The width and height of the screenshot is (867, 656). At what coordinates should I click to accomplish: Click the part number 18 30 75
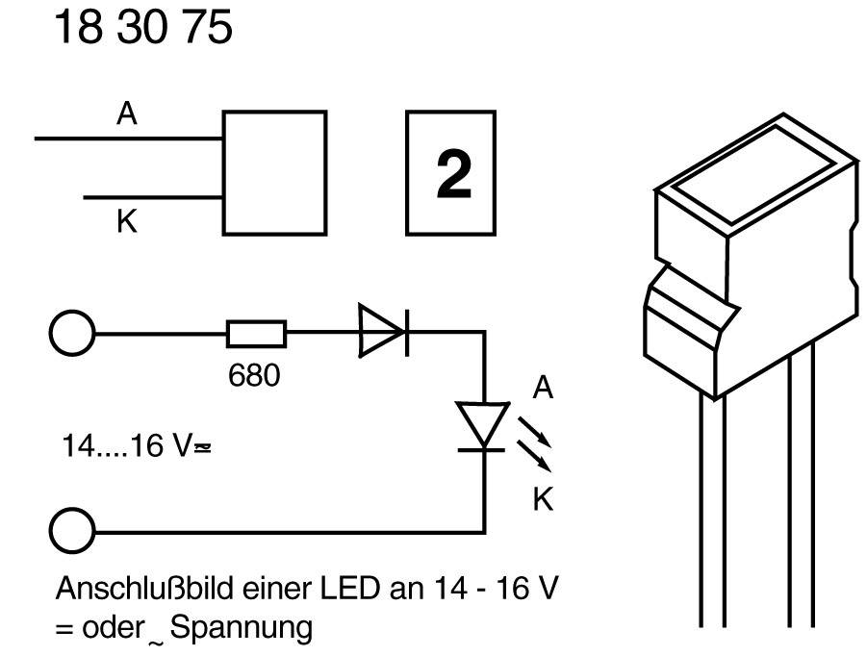142,29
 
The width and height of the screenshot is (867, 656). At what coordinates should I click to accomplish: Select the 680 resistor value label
254,375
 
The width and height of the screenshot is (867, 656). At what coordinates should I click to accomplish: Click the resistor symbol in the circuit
256,334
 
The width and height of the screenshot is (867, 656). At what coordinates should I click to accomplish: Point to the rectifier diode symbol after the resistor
382,333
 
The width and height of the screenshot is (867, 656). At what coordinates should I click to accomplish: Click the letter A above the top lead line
127,114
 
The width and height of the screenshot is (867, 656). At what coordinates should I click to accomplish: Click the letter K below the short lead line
126,223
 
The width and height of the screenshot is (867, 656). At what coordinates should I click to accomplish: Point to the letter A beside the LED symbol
543,389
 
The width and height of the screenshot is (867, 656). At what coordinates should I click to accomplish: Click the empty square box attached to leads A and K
274,172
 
